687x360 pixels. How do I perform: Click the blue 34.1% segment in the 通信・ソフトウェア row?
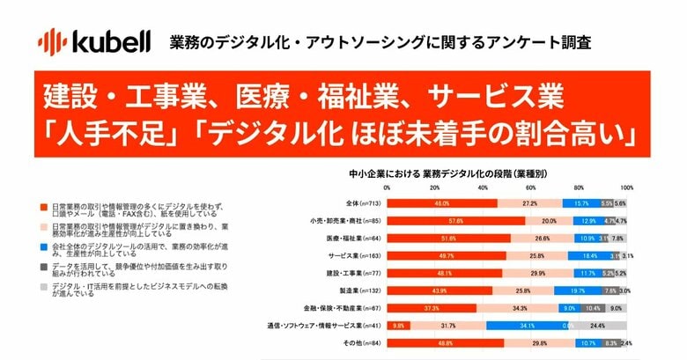(x=528, y=326)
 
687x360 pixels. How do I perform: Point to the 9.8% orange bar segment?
(x=398, y=326)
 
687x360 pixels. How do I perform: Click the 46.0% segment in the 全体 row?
(x=442, y=202)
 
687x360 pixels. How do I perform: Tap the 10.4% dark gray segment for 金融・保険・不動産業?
(x=593, y=308)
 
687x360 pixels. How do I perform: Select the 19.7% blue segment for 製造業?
(x=578, y=290)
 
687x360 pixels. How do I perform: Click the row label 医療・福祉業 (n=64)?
(x=352, y=238)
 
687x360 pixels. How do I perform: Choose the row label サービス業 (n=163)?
(x=351, y=255)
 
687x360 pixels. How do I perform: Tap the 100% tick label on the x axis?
(x=626, y=188)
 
